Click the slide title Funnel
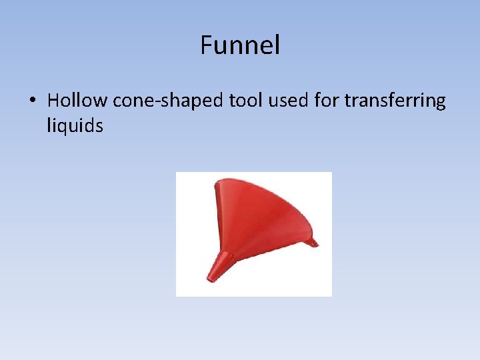click(x=240, y=45)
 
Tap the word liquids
click(x=75, y=125)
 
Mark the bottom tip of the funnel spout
click(x=211, y=279)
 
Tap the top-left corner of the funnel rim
click(x=215, y=181)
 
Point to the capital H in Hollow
click(x=53, y=101)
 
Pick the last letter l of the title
click(x=277, y=45)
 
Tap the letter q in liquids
click(x=63, y=127)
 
